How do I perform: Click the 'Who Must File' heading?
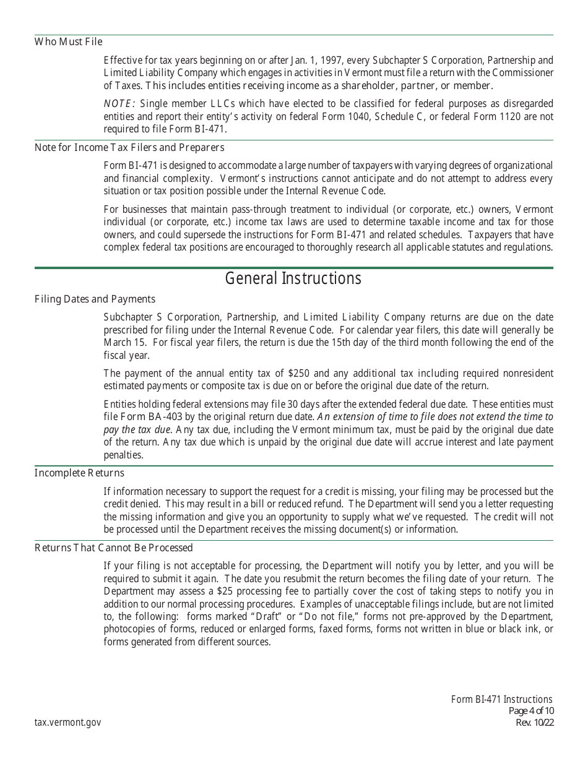(x=68, y=42)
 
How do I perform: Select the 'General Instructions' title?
(x=293, y=278)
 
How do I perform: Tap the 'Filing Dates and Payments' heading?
(x=95, y=299)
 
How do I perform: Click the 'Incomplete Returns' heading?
(x=79, y=473)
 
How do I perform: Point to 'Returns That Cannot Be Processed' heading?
(x=113, y=548)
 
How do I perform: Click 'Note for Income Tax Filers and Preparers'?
(x=129, y=148)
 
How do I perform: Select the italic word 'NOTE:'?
(x=119, y=104)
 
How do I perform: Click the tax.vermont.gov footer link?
(x=67, y=723)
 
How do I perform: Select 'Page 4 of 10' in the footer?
(x=530, y=711)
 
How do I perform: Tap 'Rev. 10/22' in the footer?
(x=534, y=723)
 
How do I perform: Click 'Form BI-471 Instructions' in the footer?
(x=501, y=700)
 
